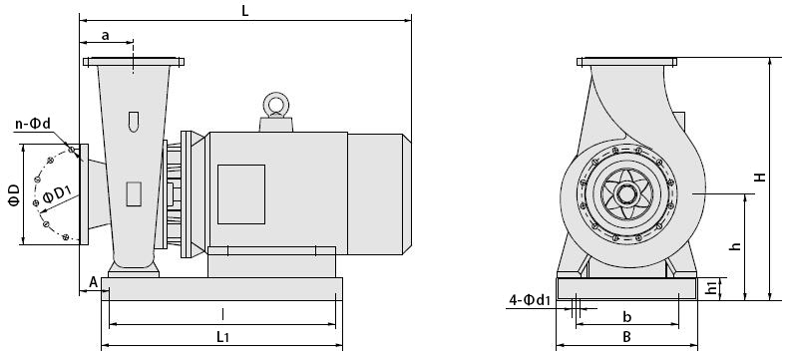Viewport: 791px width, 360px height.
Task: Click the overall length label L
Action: (x=245, y=11)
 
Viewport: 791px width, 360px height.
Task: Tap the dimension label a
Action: (x=106, y=35)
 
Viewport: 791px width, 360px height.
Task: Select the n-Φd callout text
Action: (x=33, y=124)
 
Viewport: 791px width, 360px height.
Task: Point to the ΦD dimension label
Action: (x=14, y=194)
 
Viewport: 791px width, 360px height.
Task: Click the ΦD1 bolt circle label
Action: (x=57, y=195)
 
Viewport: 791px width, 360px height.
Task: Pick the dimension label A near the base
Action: (x=94, y=282)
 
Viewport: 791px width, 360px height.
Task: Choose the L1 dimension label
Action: (x=223, y=337)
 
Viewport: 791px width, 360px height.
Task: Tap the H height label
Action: (x=760, y=177)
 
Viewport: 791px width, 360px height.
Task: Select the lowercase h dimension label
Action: (x=736, y=246)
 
